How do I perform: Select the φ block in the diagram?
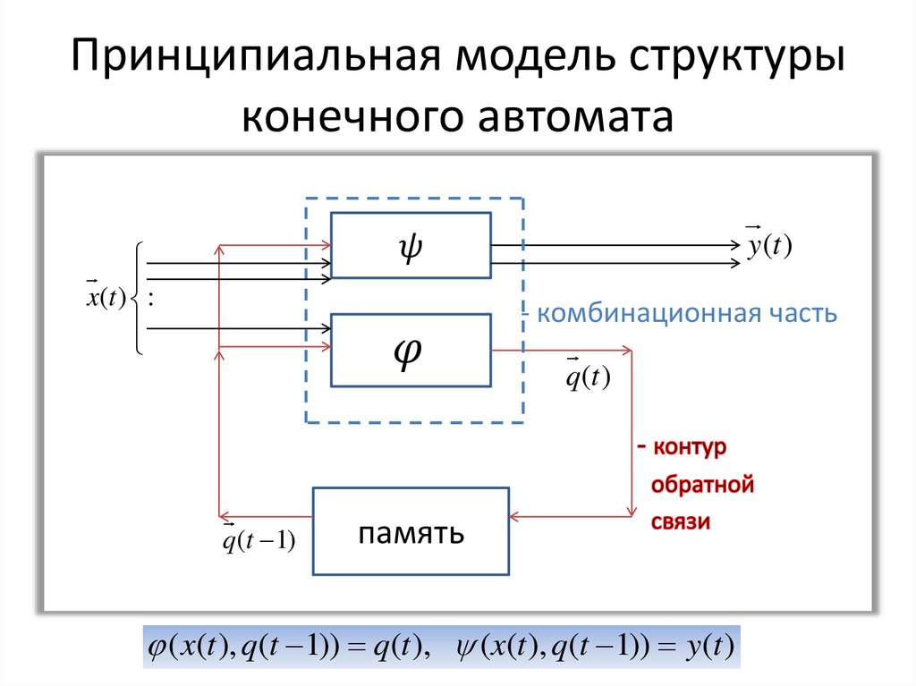pos(411,350)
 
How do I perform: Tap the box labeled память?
pos(411,531)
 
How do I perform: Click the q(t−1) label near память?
pos(259,542)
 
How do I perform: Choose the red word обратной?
pos(703,486)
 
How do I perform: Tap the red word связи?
pos(681,522)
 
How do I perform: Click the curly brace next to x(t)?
pos(137,299)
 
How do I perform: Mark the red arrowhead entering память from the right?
pos(516,517)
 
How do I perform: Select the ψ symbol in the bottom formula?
pos(467,647)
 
